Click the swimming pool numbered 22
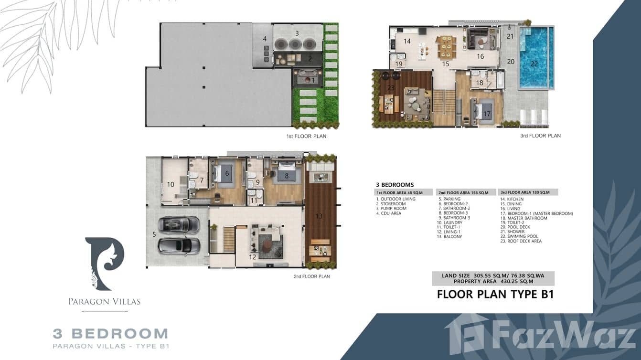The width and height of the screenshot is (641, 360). [x=535, y=58]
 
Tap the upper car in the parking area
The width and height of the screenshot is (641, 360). [x=179, y=224]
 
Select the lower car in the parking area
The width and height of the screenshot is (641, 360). [x=179, y=245]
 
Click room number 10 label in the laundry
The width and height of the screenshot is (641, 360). [x=171, y=184]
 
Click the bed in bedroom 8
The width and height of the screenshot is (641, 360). [x=286, y=173]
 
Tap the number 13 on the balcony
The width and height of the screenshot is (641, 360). [x=319, y=216]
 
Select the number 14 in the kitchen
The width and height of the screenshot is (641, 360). [x=407, y=41]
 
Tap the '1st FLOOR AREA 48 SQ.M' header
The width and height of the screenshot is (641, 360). [x=399, y=193]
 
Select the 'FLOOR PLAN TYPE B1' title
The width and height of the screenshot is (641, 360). [x=495, y=294]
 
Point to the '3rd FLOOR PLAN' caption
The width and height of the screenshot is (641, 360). [x=540, y=136]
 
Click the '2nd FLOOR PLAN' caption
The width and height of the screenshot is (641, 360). [x=311, y=276]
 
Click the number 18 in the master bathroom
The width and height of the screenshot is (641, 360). [x=480, y=83]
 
